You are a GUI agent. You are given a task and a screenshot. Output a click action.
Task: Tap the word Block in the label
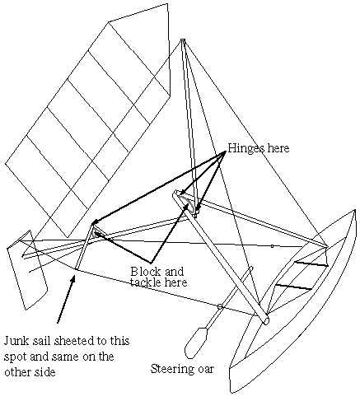(145, 272)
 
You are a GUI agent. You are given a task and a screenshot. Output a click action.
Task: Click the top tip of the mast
(183, 40)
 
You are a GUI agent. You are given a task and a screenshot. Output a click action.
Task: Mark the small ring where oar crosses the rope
(220, 306)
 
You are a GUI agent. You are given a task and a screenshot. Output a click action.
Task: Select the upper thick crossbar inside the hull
(311, 264)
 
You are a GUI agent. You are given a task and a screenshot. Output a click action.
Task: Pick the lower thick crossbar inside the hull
(293, 287)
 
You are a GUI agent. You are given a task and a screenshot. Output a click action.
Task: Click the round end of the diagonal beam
(266, 320)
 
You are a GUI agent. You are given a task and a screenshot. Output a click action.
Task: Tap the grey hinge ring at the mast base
(189, 203)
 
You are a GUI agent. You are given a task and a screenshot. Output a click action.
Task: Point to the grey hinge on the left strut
(96, 234)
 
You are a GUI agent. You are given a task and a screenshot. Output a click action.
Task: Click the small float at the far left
(27, 270)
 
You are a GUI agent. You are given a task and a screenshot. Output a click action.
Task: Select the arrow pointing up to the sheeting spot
(66, 300)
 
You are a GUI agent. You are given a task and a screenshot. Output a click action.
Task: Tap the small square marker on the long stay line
(272, 246)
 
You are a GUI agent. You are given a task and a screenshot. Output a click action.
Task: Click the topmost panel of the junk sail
(138, 49)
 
